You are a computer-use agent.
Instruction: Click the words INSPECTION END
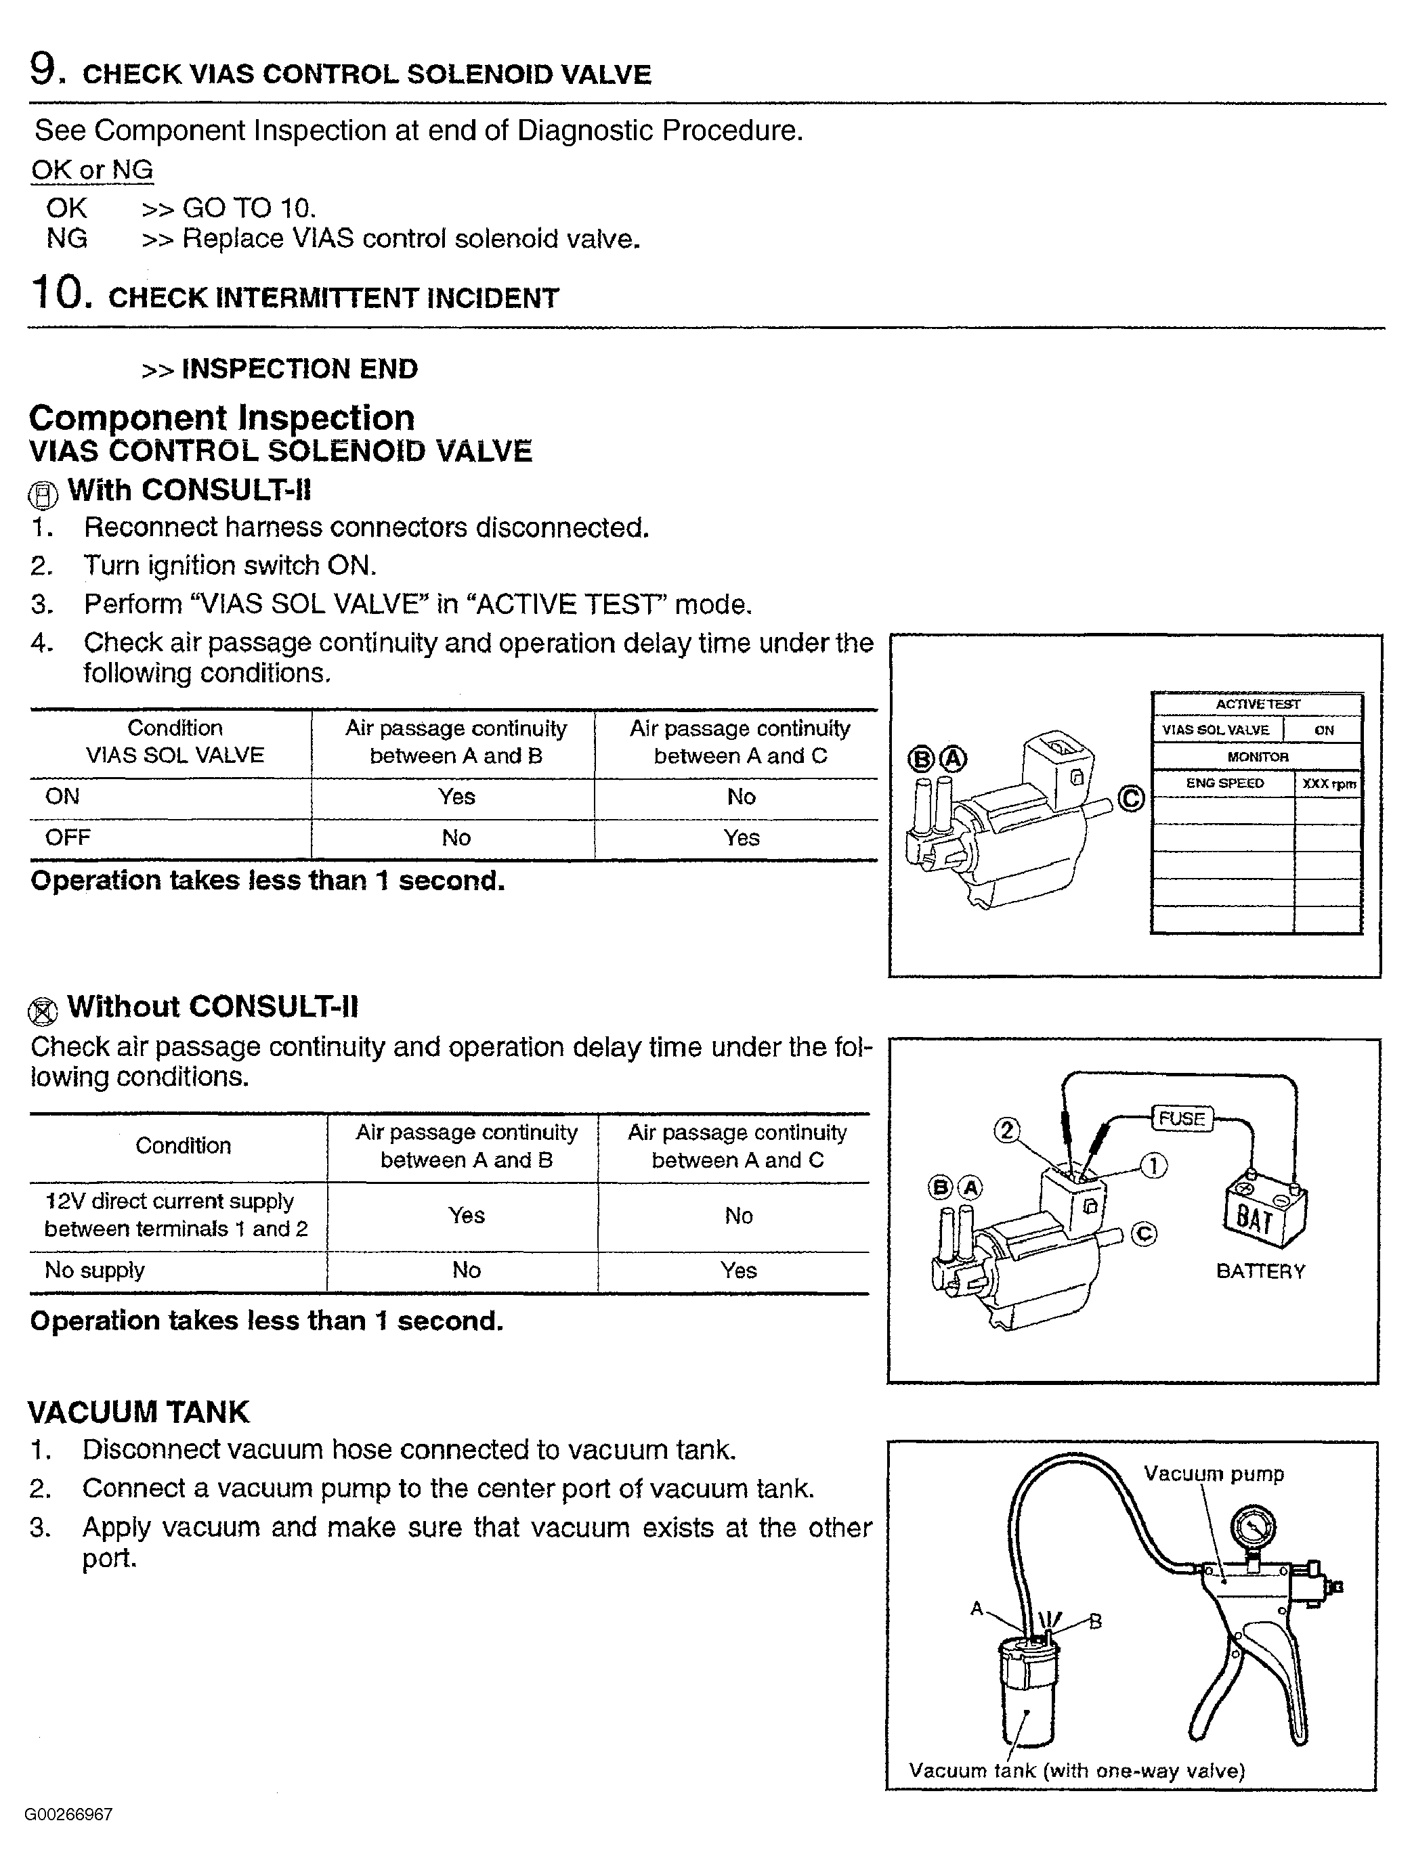299,369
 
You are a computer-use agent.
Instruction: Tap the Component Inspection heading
221,418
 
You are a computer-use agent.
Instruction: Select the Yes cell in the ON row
456,797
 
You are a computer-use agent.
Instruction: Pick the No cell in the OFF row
456,838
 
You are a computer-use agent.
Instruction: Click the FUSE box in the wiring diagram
1181,1118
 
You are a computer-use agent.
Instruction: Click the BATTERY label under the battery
1260,1271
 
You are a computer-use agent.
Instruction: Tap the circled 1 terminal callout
1154,1166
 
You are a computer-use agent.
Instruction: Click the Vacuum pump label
1213,1474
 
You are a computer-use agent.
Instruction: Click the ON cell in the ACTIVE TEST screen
1324,730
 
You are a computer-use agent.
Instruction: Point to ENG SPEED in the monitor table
1224,783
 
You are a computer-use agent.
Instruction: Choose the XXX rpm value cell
1328,784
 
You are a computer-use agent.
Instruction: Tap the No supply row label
95,1271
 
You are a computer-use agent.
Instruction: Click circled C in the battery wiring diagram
1144,1235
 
